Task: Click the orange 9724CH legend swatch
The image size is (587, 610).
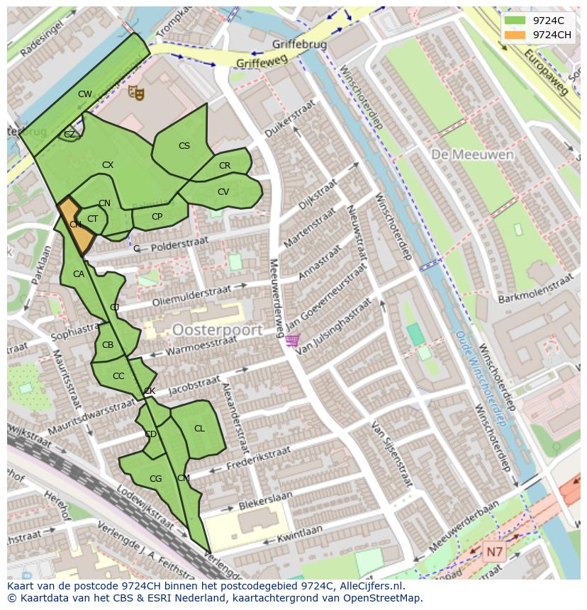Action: (515, 35)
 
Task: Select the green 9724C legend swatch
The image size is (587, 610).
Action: (515, 21)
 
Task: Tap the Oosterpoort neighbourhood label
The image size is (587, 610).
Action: (217, 329)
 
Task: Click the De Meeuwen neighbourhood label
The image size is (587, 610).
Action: (462, 154)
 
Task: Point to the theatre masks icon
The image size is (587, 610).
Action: (135, 91)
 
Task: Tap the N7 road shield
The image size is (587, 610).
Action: (494, 550)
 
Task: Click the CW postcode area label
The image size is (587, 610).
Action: (85, 94)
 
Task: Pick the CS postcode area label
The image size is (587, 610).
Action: (184, 146)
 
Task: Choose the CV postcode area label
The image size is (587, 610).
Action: (223, 192)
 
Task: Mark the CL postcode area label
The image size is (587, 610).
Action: (199, 429)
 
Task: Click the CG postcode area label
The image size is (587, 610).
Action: (155, 480)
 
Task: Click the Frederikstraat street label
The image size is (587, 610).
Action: (258, 458)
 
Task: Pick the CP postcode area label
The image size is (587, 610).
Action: (157, 217)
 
